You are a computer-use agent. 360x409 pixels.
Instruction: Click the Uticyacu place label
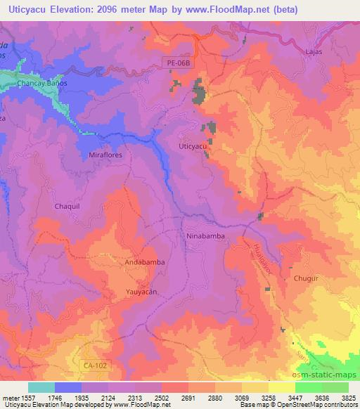[x=192, y=145]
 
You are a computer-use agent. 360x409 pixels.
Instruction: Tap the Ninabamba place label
[x=205, y=236]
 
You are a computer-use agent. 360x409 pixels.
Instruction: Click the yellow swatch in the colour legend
[x=281, y=387]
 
